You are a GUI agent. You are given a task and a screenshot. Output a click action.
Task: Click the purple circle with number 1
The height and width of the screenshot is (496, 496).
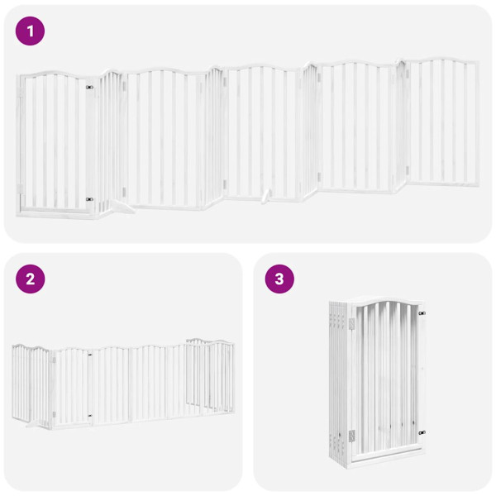pyautogui.click(x=31, y=31)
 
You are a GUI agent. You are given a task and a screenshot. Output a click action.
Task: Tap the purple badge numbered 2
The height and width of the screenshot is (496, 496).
pyautogui.click(x=31, y=279)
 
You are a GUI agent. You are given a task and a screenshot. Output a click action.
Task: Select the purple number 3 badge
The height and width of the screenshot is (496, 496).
pyautogui.click(x=279, y=279)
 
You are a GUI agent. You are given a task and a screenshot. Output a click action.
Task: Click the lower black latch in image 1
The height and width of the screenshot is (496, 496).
pyautogui.click(x=89, y=198)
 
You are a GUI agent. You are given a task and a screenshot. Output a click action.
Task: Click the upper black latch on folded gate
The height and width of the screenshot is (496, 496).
pyautogui.click(x=421, y=314)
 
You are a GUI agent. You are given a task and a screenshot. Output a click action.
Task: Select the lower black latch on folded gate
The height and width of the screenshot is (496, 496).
pyautogui.click(x=421, y=432)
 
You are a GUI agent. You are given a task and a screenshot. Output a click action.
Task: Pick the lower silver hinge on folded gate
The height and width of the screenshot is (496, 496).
pyautogui.click(x=350, y=434)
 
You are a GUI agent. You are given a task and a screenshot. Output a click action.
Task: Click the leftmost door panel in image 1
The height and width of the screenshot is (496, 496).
pyautogui.click(x=54, y=141)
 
